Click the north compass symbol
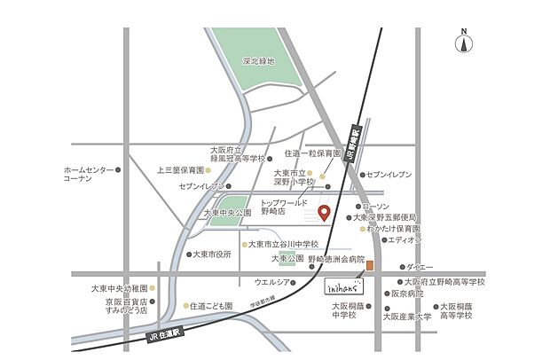click(462, 43)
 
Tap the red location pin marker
click(324, 214)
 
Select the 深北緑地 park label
click(259, 62)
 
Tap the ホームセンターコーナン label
click(90, 174)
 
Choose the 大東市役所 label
click(212, 254)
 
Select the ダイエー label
click(420, 267)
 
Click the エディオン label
click(405, 239)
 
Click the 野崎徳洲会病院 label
click(336, 262)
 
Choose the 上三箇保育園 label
click(180, 169)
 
